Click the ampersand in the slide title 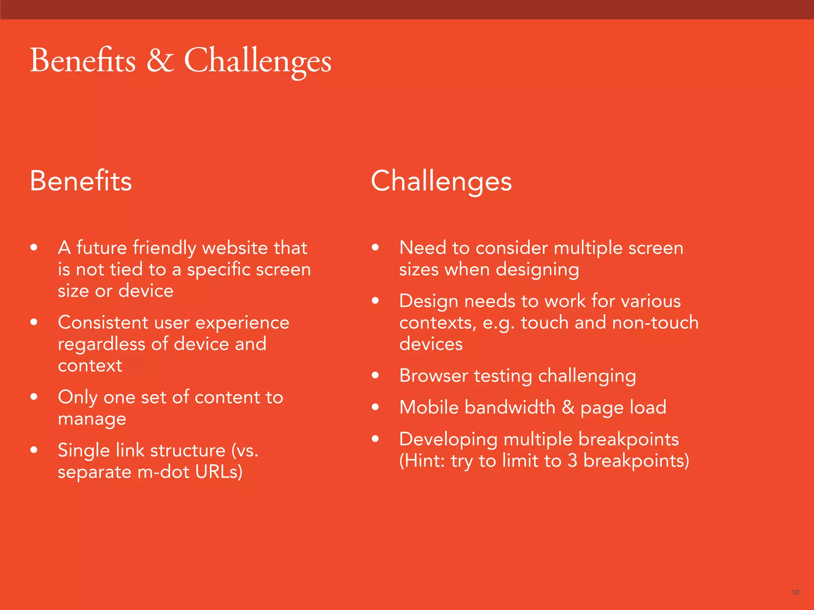[160, 60]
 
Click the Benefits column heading [81, 181]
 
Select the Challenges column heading [441, 181]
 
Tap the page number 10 [795, 593]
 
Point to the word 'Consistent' [103, 322]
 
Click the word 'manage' [92, 419]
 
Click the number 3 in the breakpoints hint [572, 461]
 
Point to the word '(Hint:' [423, 461]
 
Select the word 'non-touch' [655, 322]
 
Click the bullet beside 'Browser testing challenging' [375, 375]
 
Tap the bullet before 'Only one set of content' [34, 396]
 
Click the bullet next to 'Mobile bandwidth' [375, 407]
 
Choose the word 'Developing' [448, 440]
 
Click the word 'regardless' [101, 344]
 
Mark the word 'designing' [537, 270]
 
